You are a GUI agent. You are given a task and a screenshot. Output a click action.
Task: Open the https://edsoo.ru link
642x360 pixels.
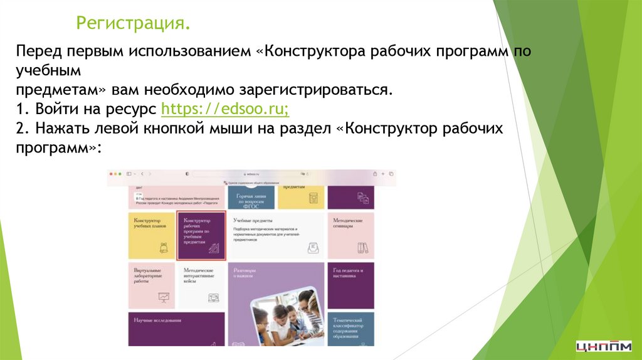[225, 109]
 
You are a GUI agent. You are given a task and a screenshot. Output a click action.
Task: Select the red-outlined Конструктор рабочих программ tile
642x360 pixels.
[201, 236]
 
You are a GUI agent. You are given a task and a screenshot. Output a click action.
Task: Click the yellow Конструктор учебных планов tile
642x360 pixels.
[151, 236]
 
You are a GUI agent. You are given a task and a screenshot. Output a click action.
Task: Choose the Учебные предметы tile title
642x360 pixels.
[253, 220]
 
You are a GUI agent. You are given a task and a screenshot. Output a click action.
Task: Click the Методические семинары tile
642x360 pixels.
[350, 236]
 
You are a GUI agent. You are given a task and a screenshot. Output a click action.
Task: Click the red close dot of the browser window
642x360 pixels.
[110, 173]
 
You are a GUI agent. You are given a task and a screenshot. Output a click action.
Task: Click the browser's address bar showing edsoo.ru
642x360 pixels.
[251, 173]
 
